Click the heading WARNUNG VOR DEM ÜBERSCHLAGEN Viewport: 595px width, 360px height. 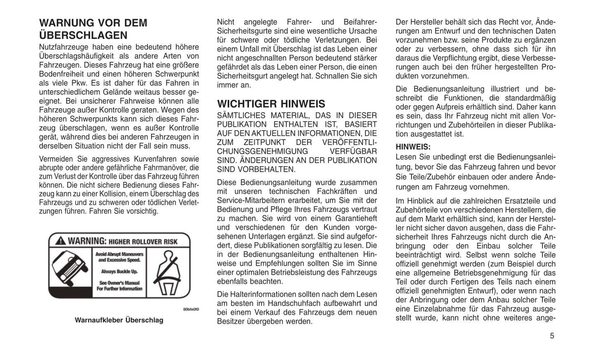93,29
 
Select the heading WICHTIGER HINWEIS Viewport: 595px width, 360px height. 271,104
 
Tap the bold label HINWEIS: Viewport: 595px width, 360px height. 413,147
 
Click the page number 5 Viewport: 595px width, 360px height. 552,336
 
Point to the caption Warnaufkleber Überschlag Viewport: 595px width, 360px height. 119,320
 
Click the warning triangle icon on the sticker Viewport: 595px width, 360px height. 61,241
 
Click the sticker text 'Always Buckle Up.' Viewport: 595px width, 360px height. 119,271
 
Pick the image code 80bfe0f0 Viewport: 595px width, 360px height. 191,309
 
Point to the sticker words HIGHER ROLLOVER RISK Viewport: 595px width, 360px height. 143,242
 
